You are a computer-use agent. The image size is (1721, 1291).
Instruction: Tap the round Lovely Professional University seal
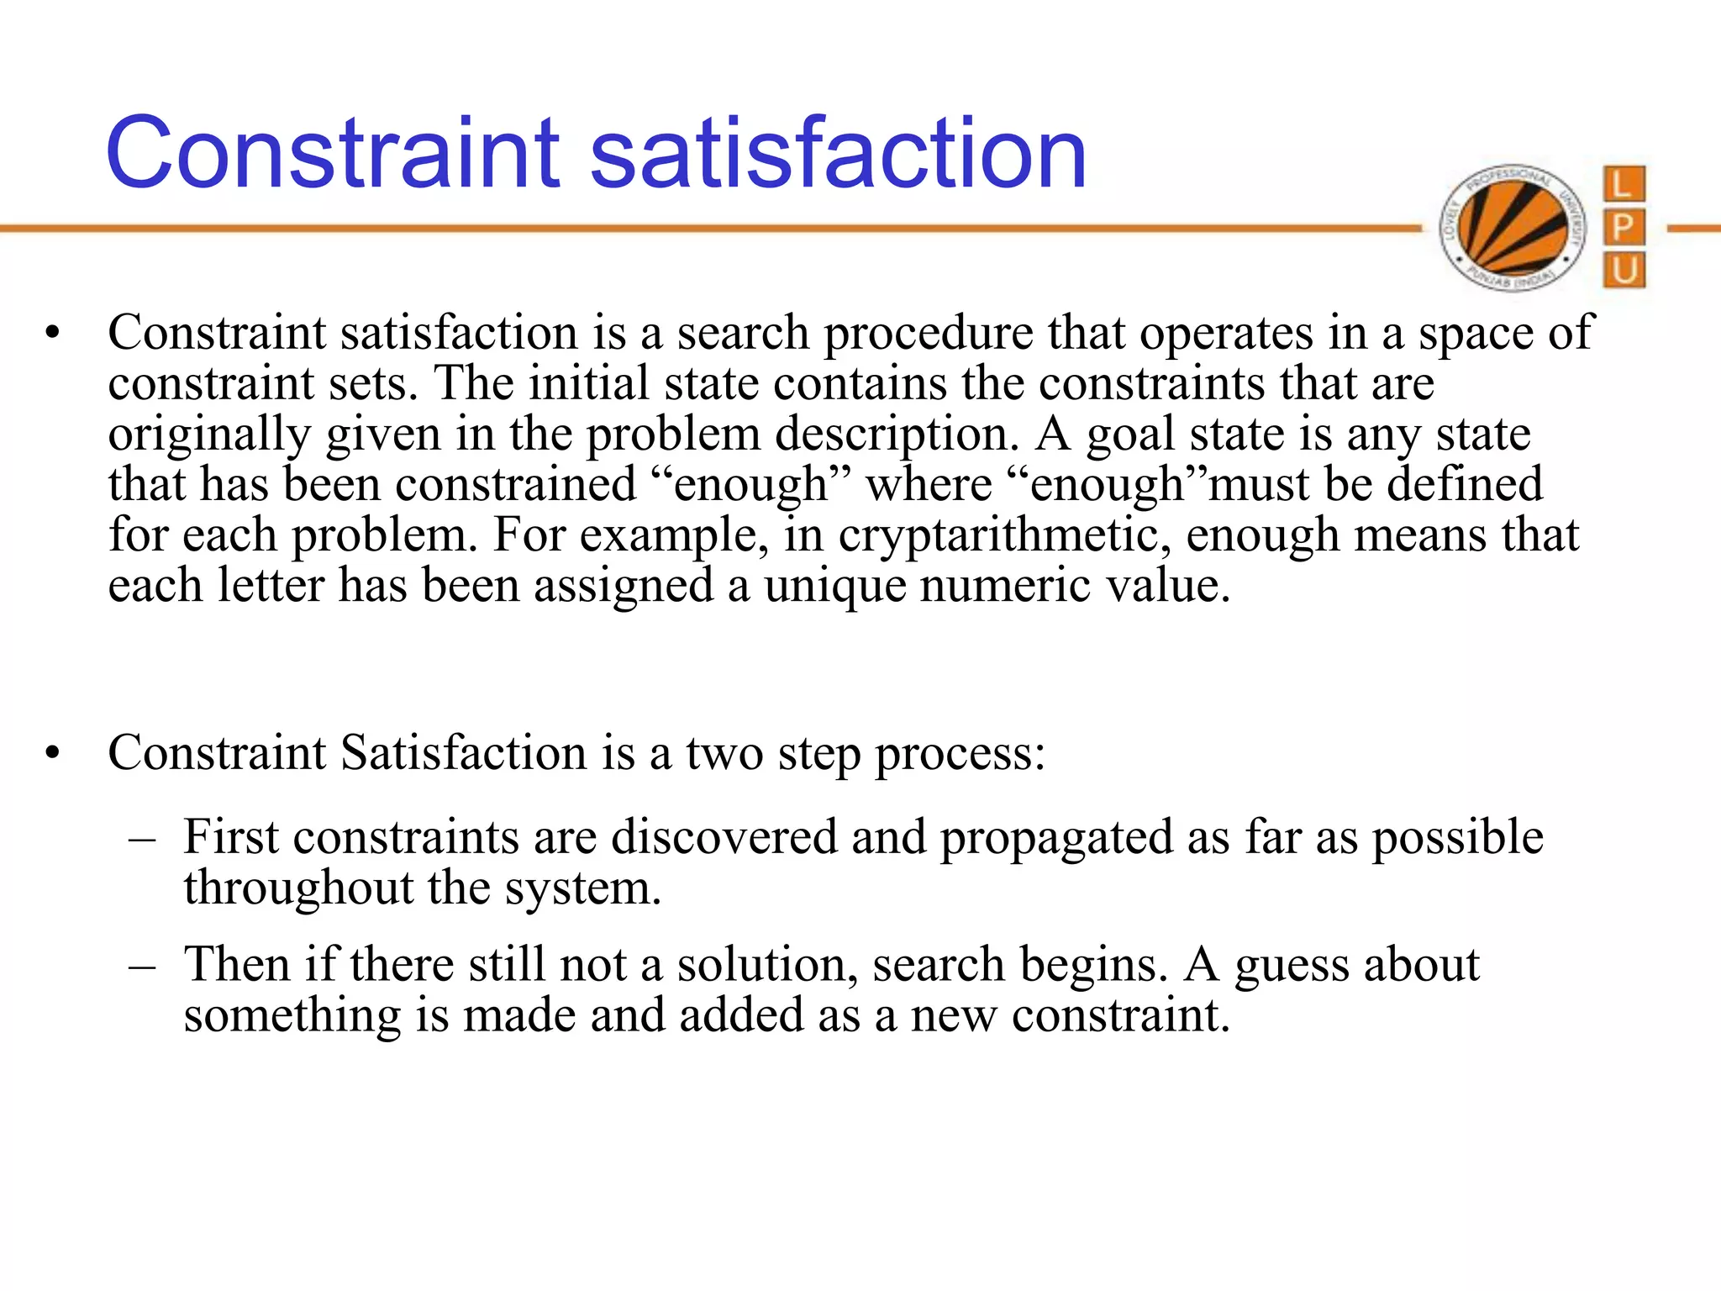pyautogui.click(x=1513, y=227)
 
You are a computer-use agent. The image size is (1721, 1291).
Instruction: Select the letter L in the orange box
pyautogui.click(x=1624, y=184)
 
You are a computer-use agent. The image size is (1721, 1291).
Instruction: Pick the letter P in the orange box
pyautogui.click(x=1624, y=228)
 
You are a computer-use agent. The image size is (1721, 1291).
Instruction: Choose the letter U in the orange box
pyautogui.click(x=1624, y=271)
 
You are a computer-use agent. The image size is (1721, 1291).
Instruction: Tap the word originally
pyautogui.click(x=210, y=435)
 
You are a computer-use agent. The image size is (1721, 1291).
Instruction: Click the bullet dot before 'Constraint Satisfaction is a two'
pyautogui.click(x=54, y=754)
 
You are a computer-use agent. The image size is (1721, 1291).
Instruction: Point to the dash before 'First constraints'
pyautogui.click(x=143, y=840)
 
